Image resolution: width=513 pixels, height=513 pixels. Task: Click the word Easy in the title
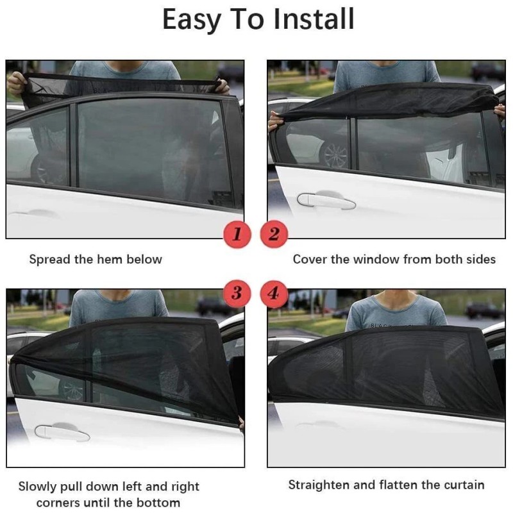tap(190, 21)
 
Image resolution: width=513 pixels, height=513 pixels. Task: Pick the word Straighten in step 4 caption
tap(319, 485)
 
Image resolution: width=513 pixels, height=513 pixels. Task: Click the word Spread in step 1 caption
tap(48, 260)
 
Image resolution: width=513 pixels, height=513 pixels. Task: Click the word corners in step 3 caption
tap(61, 503)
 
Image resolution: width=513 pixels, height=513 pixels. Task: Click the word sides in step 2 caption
tap(481, 260)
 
